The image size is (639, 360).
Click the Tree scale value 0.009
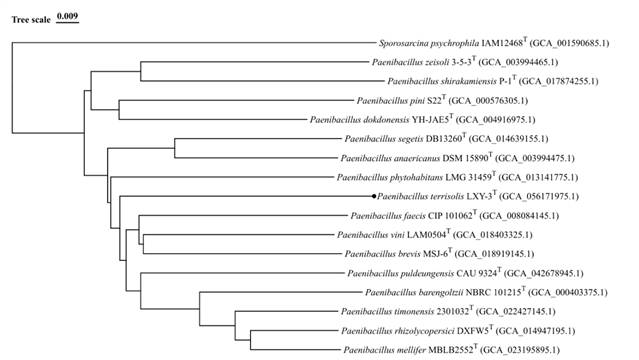tap(67, 16)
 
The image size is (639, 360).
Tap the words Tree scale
tap(31, 20)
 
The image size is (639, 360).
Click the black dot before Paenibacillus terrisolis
tap(374, 197)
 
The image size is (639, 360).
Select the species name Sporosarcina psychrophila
tap(429, 43)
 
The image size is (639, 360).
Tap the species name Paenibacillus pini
tap(390, 101)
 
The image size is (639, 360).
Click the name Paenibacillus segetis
tap(384, 139)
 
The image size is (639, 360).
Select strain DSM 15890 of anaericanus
tap(465, 158)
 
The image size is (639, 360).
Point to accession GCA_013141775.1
tap(538, 177)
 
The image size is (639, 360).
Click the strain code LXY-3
tap(479, 197)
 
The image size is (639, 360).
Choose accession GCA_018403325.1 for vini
tap(493, 235)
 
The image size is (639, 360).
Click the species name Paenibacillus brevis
tap(382, 254)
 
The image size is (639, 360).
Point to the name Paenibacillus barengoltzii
tap(414, 293)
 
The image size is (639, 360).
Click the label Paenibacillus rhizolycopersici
tap(398, 331)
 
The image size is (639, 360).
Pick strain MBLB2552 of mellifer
tap(451, 350)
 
